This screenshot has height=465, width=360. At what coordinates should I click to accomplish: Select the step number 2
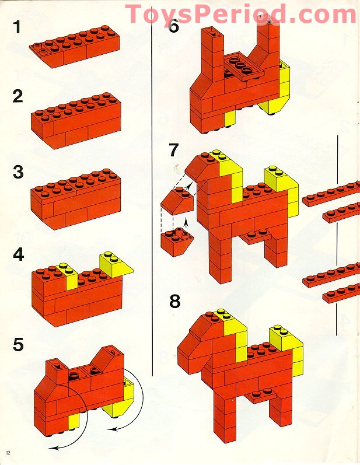tap(18, 96)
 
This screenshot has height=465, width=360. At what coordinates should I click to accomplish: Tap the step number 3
tap(18, 172)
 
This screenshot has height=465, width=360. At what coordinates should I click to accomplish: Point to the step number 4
tap(19, 254)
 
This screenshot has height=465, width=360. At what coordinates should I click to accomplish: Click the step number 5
tap(18, 345)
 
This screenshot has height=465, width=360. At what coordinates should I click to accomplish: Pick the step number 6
tap(174, 26)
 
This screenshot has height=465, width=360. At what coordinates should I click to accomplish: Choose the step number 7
tap(174, 151)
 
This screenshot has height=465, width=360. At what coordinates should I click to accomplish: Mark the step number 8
tap(174, 301)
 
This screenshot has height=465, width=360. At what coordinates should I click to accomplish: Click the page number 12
tap(8, 453)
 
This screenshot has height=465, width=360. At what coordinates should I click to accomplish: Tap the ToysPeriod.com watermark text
tap(240, 14)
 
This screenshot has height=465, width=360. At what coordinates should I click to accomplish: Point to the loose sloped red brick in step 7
tap(177, 201)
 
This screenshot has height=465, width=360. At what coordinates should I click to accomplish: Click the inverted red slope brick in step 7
tap(177, 242)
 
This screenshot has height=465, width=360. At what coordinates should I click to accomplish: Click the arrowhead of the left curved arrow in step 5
tap(53, 447)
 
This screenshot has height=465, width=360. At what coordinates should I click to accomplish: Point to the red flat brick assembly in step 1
tap(75, 46)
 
